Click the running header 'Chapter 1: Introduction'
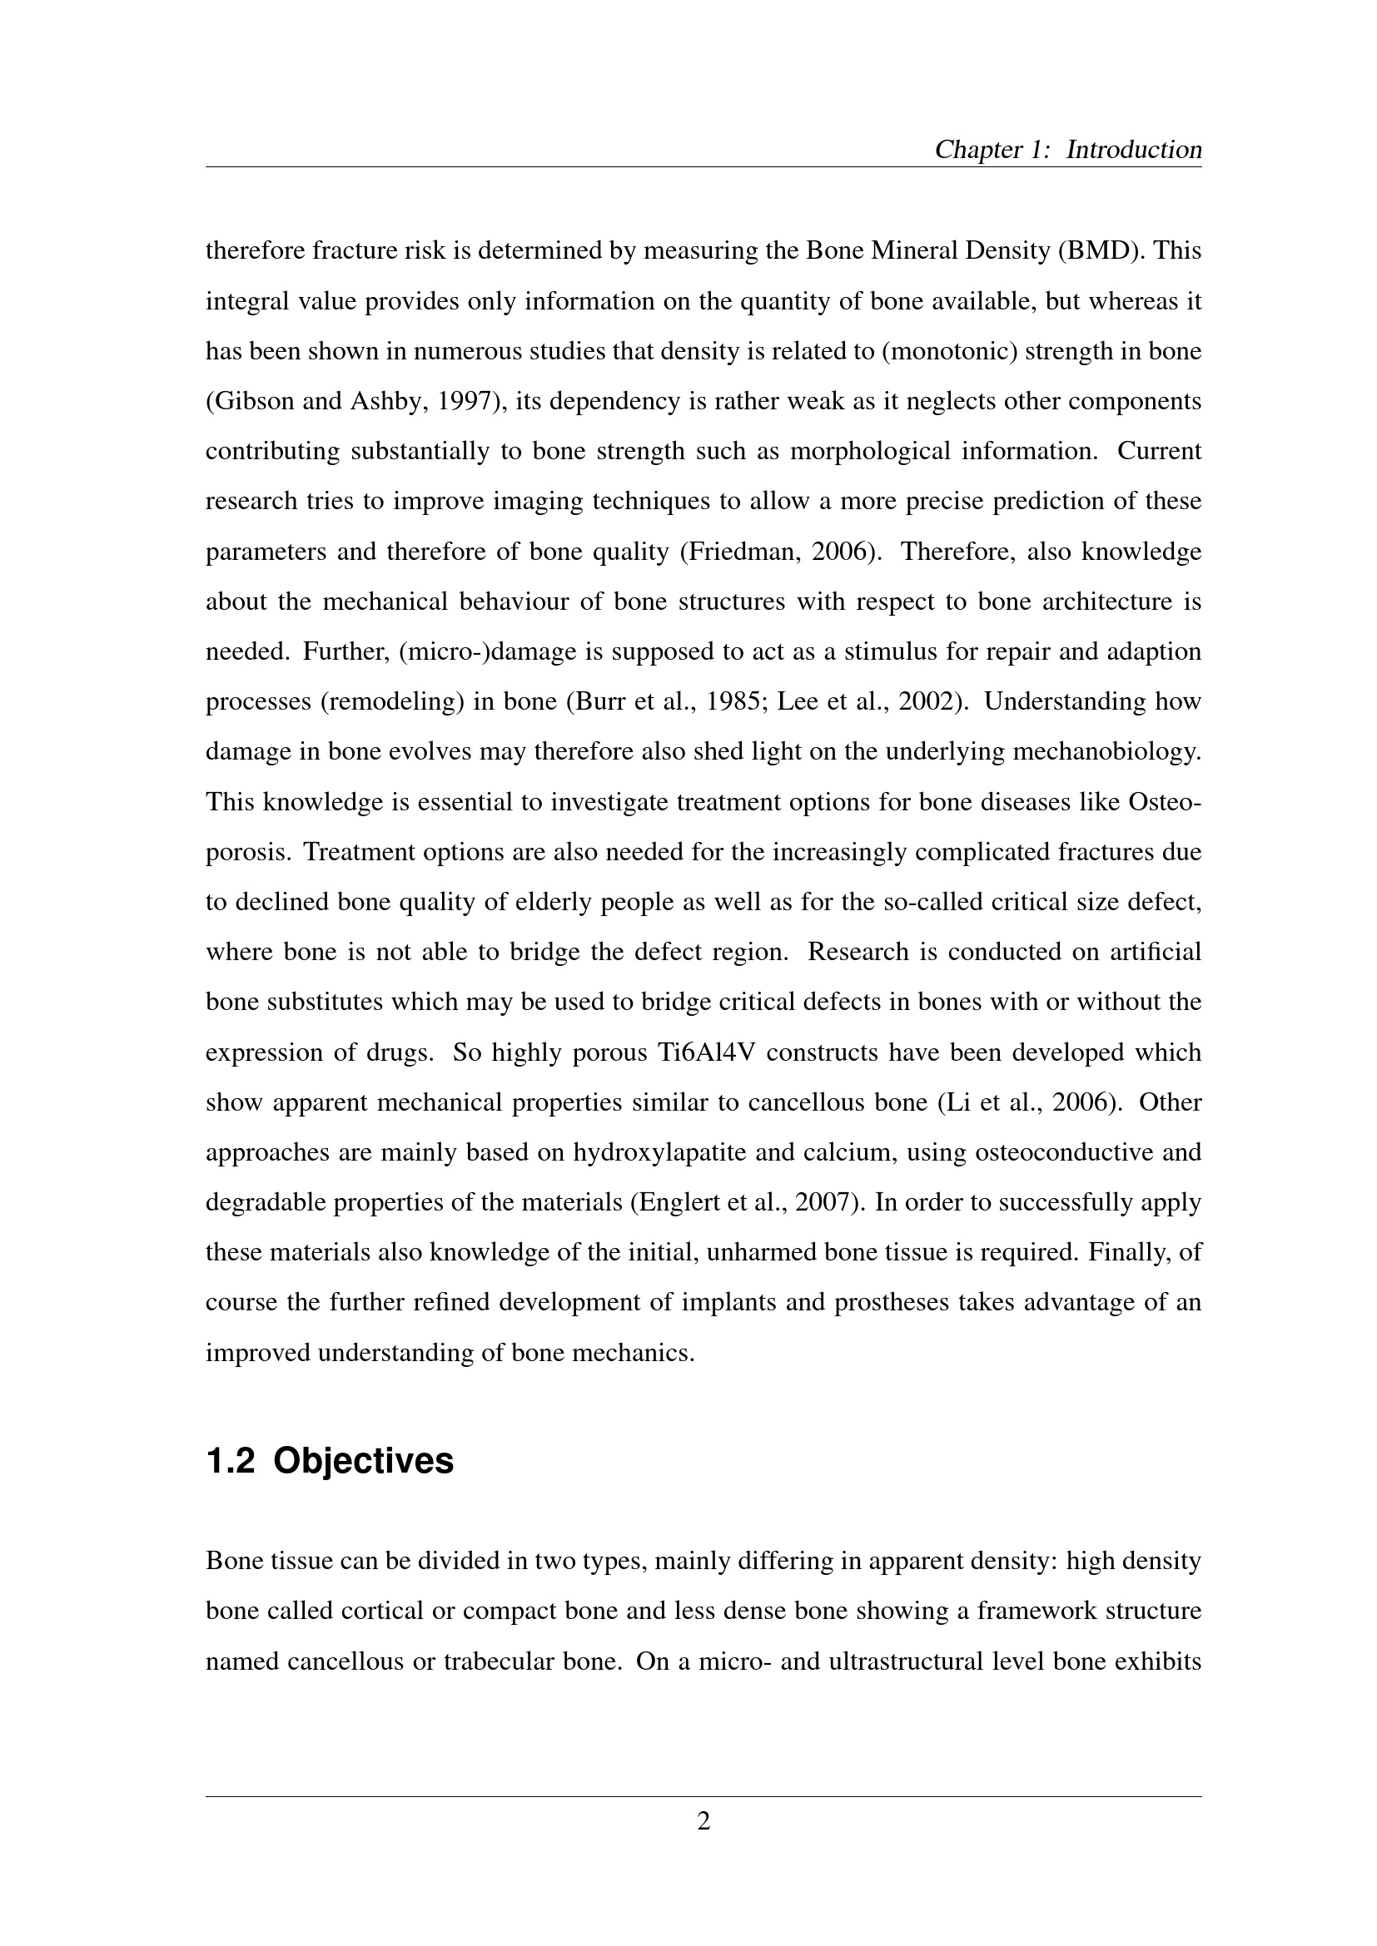pyautogui.click(x=1067, y=150)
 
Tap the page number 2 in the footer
pyautogui.click(x=703, y=1820)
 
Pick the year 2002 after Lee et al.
pyautogui.click(x=932, y=702)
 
